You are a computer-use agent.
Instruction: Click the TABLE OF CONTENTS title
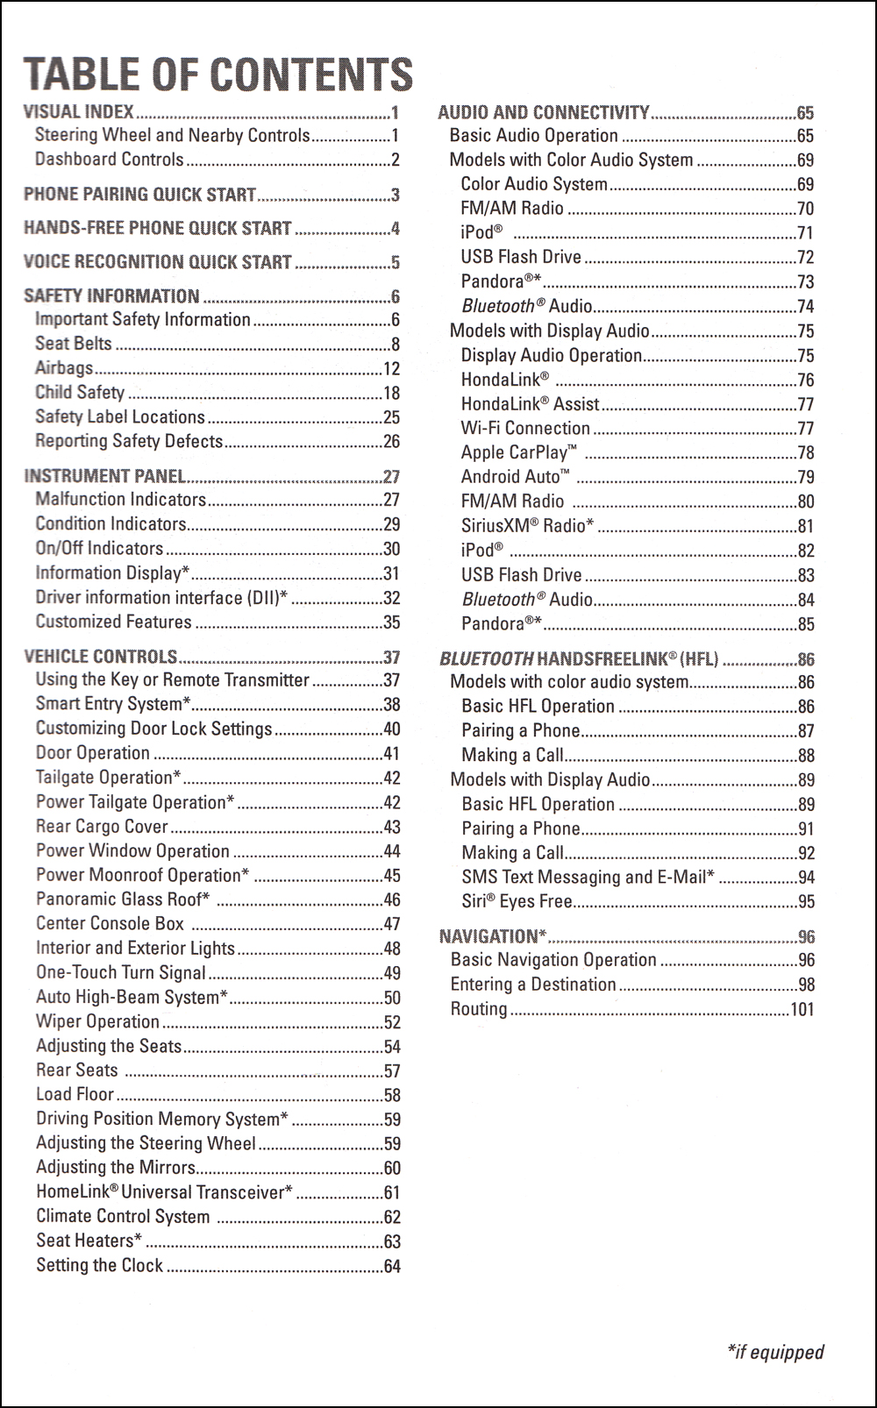(x=217, y=74)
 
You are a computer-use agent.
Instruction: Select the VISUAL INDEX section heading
(x=79, y=111)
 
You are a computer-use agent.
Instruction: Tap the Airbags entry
(x=64, y=368)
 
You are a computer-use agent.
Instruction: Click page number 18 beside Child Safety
(x=391, y=393)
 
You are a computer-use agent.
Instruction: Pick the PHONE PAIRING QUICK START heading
(x=139, y=194)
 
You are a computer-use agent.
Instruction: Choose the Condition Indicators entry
(x=111, y=523)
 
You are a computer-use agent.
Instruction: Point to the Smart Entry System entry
(x=113, y=703)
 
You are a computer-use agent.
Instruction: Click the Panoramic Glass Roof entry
(x=123, y=899)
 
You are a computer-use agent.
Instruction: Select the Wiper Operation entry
(x=97, y=1021)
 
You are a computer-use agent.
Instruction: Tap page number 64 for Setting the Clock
(x=392, y=1266)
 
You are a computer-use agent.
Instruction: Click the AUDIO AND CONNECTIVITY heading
(x=543, y=112)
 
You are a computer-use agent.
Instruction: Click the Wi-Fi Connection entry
(x=525, y=428)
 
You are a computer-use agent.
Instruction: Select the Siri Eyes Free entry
(x=517, y=901)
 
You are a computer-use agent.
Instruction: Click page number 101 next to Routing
(x=802, y=1009)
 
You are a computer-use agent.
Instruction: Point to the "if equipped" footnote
(x=775, y=1352)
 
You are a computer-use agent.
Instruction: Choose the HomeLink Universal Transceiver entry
(x=164, y=1192)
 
